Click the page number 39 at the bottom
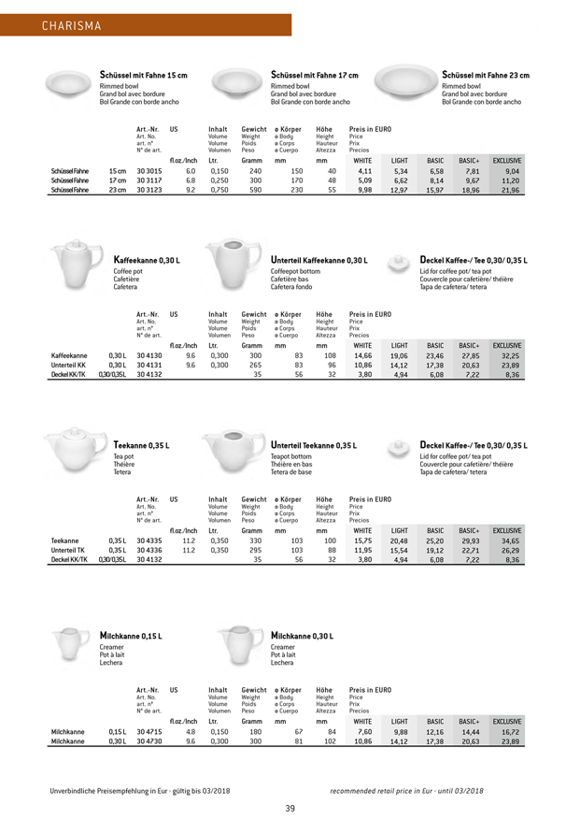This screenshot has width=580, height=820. [x=290, y=782]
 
